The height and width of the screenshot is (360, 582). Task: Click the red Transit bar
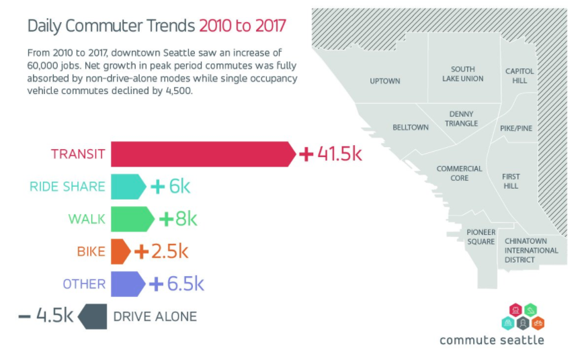tap(202, 154)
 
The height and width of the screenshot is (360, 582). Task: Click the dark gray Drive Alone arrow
tap(93, 316)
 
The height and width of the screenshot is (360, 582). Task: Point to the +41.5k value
tap(330, 154)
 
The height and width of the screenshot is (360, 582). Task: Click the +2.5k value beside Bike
tap(161, 252)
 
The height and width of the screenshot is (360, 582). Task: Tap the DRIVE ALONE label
tap(155, 316)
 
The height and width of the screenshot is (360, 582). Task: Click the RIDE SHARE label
tap(67, 187)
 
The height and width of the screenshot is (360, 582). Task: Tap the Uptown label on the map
tap(385, 81)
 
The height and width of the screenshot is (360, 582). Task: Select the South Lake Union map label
tap(462, 74)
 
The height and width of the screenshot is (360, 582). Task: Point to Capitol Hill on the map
tap(519, 75)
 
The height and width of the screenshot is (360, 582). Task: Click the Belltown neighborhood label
tap(410, 128)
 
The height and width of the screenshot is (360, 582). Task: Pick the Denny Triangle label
tap(461, 119)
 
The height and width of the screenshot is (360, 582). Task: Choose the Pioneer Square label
tap(481, 236)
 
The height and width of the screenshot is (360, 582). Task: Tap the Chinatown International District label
tap(531, 250)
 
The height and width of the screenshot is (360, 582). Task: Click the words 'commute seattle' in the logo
tap(491, 340)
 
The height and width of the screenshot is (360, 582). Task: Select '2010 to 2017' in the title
tap(242, 26)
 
